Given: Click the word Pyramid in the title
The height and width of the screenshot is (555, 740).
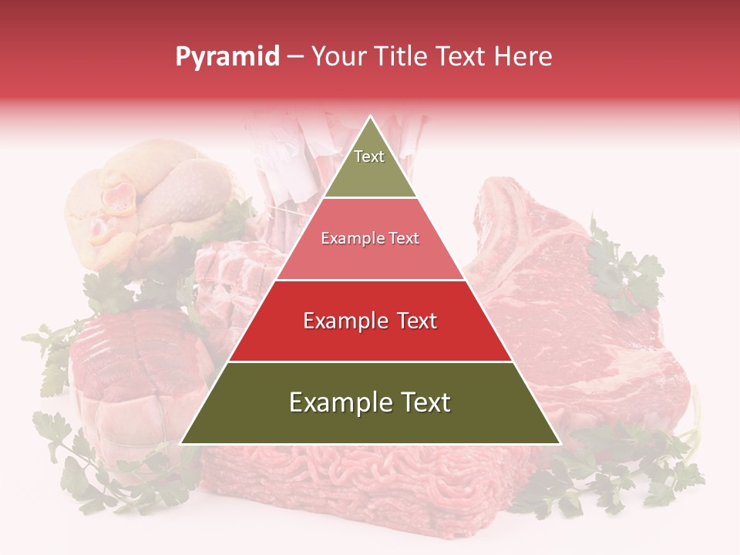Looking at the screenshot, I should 227,56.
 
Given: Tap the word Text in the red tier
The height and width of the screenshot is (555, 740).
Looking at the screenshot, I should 412,321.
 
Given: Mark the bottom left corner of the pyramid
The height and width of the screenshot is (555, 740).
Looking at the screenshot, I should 181,443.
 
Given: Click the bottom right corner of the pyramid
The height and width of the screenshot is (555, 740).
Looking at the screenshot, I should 560,443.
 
